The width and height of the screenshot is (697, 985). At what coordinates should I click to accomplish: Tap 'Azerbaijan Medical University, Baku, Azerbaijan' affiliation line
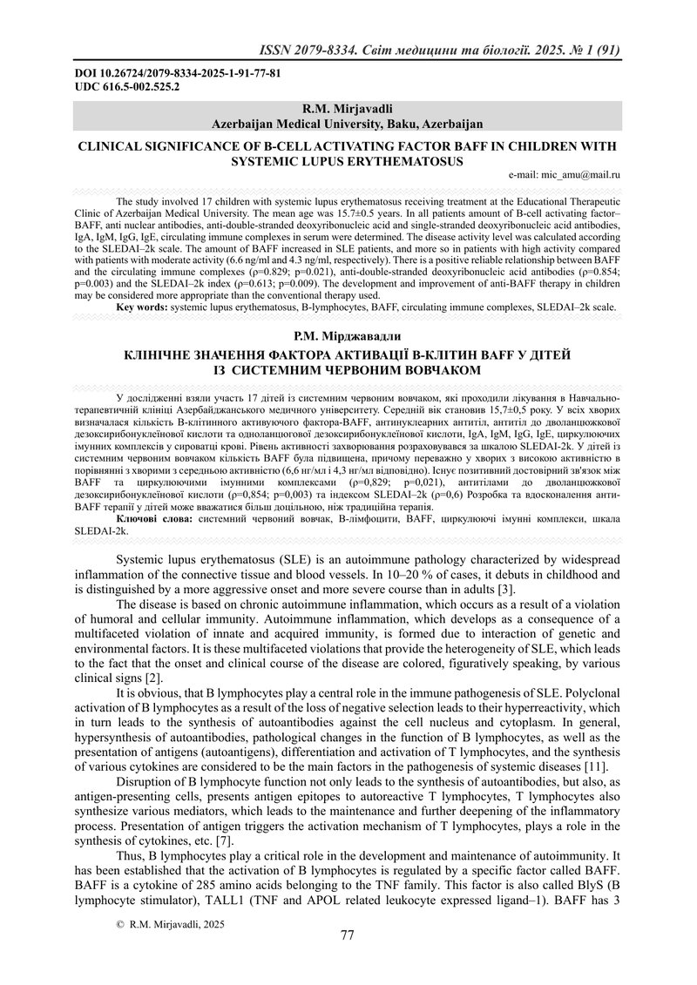[x=347, y=124]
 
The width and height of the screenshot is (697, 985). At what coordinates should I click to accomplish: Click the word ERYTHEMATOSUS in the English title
[x=403, y=161]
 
